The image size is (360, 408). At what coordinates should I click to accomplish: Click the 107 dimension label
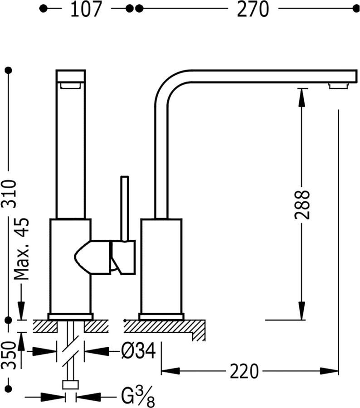tap(86, 9)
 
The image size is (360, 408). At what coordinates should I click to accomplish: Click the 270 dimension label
tap(253, 9)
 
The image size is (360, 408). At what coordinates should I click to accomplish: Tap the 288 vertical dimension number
tap(302, 204)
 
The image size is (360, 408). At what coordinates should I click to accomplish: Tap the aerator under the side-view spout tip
tap(339, 86)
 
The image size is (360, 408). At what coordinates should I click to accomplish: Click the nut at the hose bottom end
tap(70, 385)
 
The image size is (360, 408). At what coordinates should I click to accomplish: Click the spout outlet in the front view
tap(70, 85)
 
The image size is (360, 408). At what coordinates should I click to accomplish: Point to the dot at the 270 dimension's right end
tap(355, 9)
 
